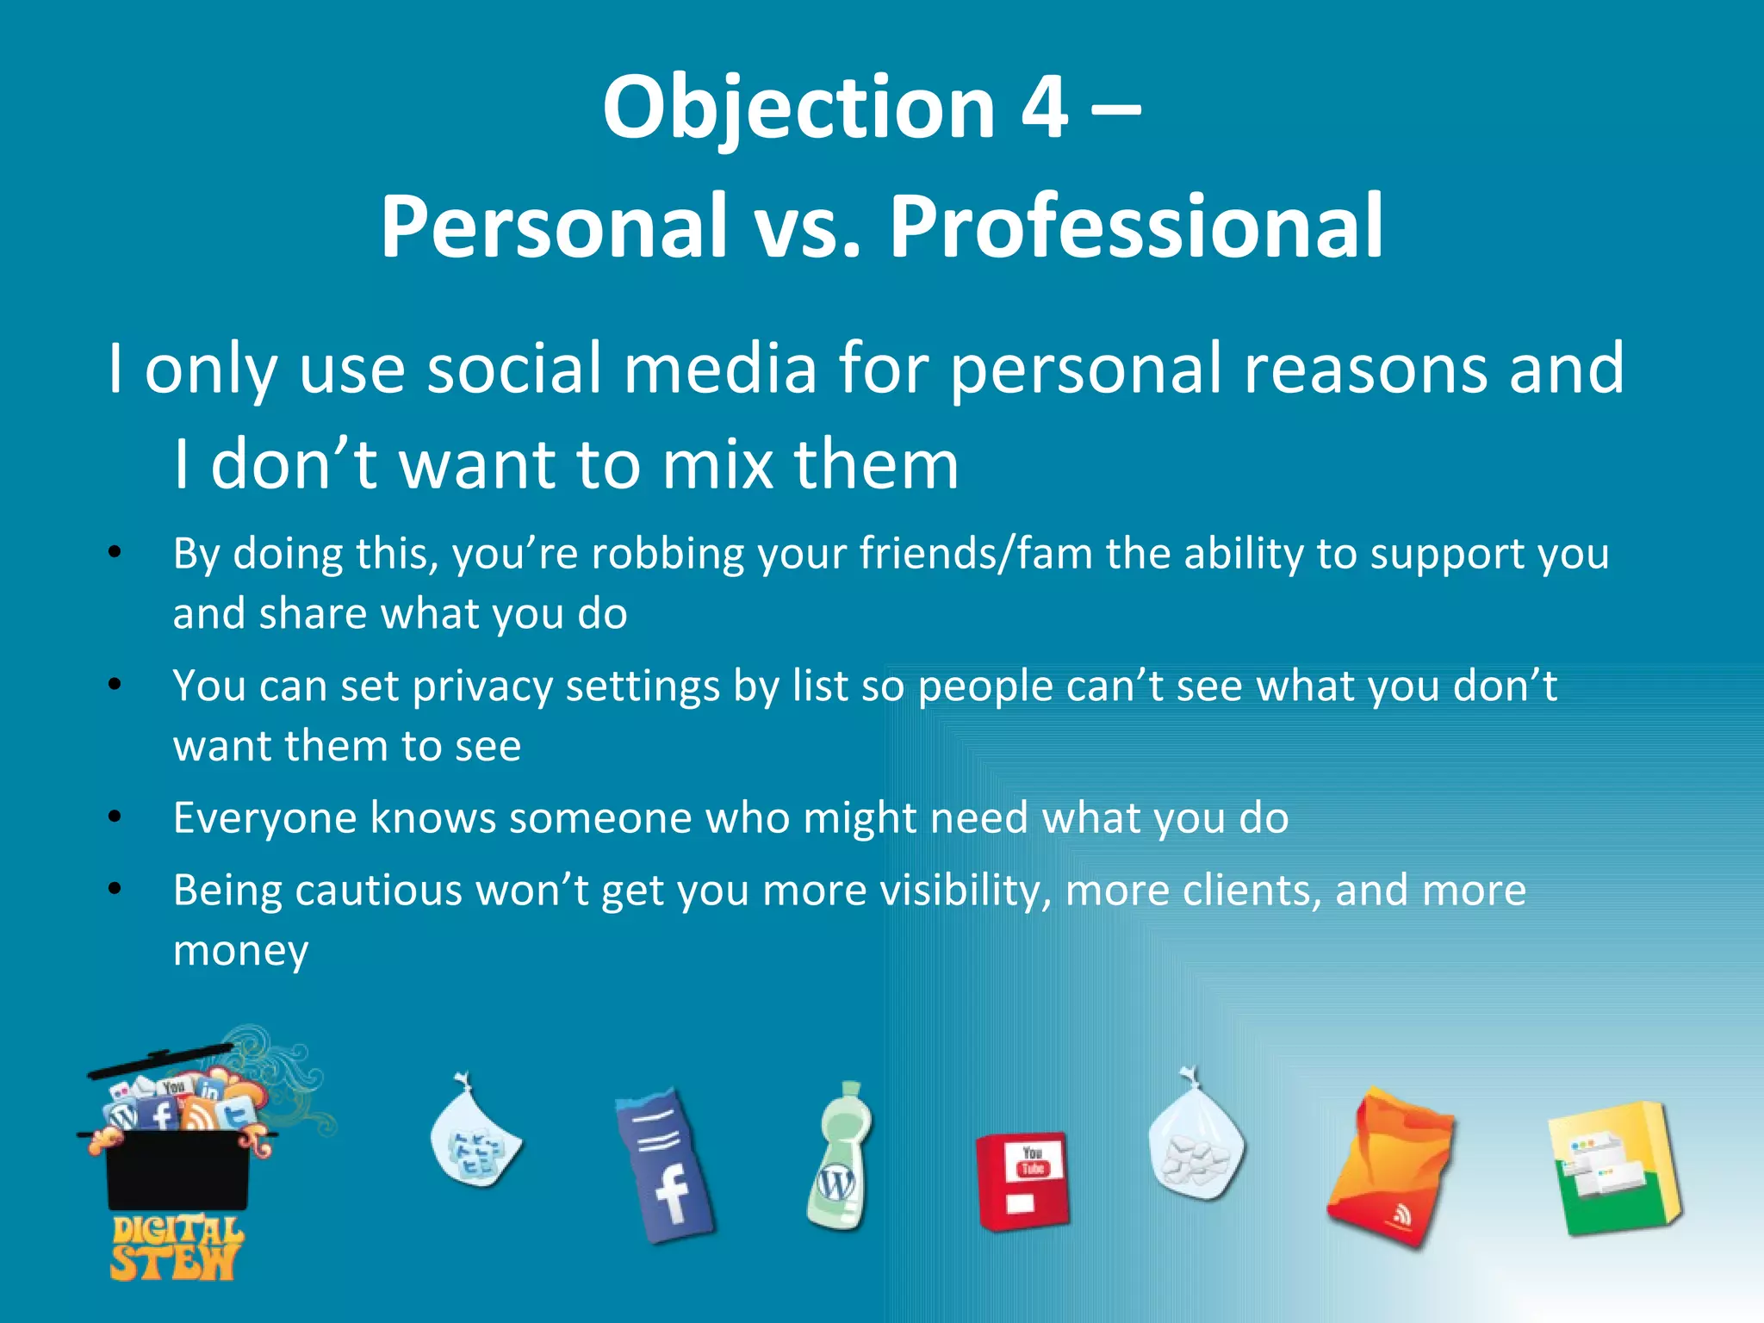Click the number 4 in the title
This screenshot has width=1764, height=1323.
coord(1045,108)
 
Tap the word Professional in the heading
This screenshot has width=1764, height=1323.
coord(1136,226)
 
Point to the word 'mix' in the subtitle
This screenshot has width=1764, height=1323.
coord(718,465)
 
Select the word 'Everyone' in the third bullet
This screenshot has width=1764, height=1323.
coord(264,818)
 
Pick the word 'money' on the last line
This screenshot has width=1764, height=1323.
coord(240,951)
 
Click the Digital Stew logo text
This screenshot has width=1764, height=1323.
coord(177,1248)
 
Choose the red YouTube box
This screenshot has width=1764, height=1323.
coord(1022,1180)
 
